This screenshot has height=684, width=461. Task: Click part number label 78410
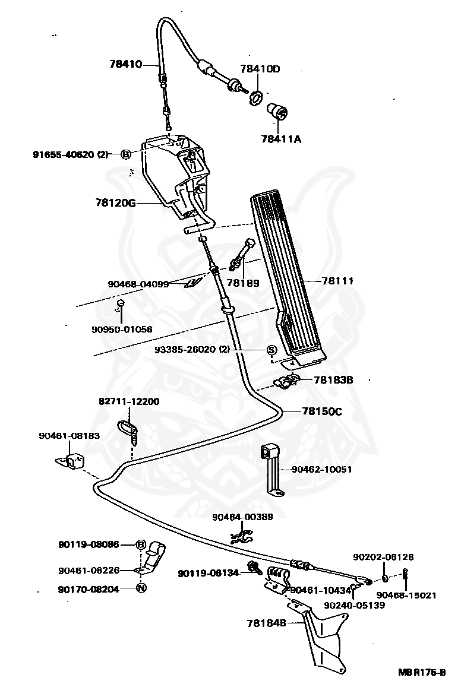[x=126, y=65]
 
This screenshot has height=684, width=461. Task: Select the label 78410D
[x=260, y=69]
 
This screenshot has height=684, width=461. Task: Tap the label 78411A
[x=281, y=139]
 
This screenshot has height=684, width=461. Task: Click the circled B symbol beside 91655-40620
[x=126, y=154]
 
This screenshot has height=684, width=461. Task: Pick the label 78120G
[x=116, y=203]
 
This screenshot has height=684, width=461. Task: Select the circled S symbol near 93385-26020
[x=271, y=350]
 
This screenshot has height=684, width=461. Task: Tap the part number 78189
[x=243, y=283]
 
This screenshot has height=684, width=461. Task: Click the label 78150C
[x=322, y=411]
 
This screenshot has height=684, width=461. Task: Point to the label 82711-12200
[x=129, y=401]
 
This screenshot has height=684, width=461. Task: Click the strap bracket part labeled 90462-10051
[x=273, y=470]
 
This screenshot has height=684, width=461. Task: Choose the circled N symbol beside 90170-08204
[x=141, y=588]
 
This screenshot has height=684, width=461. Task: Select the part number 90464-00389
[x=242, y=517]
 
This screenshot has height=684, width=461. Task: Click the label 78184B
[x=267, y=623]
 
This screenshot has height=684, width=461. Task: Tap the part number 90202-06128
[x=383, y=557]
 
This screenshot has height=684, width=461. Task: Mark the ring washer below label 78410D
[x=256, y=97]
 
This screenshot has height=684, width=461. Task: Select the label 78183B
[x=333, y=379]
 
